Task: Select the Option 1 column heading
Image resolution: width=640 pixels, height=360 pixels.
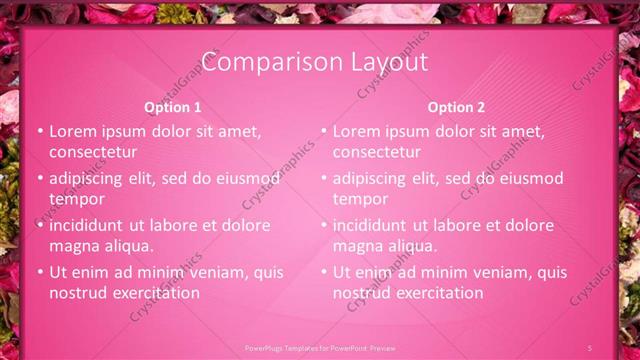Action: click(172, 108)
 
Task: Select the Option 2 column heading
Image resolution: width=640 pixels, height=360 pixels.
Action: click(456, 108)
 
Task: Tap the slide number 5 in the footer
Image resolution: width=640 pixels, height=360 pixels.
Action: click(591, 348)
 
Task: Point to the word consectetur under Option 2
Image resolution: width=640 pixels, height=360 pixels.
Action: click(376, 152)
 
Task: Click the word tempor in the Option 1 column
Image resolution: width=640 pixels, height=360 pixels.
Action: click(72, 199)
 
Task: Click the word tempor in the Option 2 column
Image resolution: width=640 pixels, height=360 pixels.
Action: click(356, 199)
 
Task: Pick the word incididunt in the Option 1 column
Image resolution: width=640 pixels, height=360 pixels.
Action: click(86, 226)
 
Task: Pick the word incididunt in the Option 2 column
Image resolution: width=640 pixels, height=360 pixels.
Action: click(370, 226)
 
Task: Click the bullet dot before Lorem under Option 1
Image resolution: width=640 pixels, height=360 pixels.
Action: click(40, 132)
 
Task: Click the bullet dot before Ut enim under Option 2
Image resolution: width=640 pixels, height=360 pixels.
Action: click(324, 272)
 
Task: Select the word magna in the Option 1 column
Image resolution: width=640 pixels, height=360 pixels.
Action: click(72, 246)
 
